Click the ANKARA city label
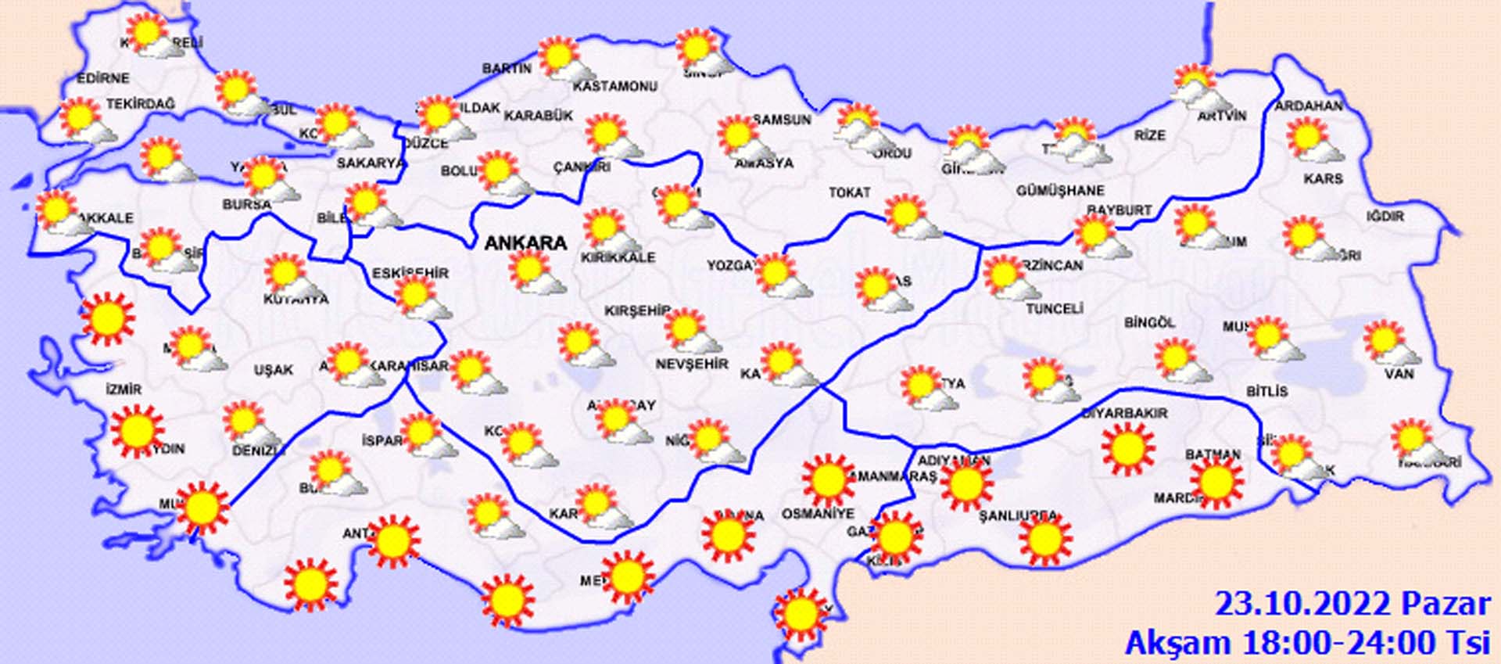point(525,243)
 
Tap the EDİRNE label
point(102,78)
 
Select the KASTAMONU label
point(615,87)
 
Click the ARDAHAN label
point(1309,106)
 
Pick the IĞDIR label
point(1385,216)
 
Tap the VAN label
point(1399,374)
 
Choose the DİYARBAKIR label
point(1124,413)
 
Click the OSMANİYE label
point(818,514)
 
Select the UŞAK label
point(273,370)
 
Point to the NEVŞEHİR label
point(691,364)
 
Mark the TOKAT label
point(849,192)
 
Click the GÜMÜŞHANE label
point(1060,190)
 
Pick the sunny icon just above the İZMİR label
point(107,318)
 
